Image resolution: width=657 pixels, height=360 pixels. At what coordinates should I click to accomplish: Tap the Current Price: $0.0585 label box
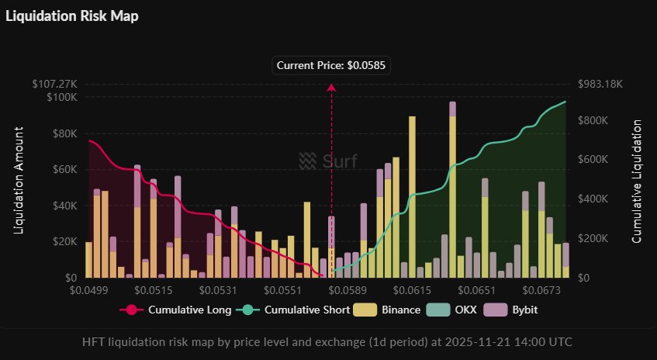pos(331,66)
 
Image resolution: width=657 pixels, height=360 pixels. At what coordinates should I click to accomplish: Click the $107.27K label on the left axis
pos(56,84)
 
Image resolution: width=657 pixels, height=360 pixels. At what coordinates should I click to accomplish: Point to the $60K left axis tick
pos(64,169)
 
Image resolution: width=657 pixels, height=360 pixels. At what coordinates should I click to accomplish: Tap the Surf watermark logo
pos(329,161)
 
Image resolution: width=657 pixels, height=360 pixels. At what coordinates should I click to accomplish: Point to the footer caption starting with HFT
pos(328,341)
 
